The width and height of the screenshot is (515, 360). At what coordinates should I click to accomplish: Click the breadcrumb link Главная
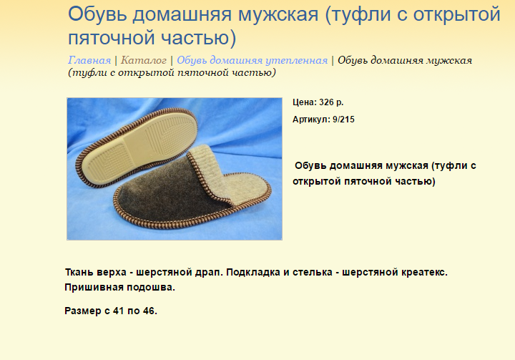pyautogui.click(x=89, y=61)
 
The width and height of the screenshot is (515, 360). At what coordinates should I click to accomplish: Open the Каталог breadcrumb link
pyautogui.click(x=144, y=61)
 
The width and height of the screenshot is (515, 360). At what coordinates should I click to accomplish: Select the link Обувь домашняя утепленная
pyautogui.click(x=252, y=61)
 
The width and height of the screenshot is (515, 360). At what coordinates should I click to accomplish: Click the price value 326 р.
pyautogui.click(x=331, y=102)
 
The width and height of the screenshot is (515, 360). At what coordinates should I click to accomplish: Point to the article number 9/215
pyautogui.click(x=343, y=120)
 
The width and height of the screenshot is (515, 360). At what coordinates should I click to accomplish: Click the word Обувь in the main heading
pyautogui.click(x=97, y=14)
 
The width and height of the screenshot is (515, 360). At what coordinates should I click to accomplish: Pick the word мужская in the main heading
pyautogui.click(x=278, y=15)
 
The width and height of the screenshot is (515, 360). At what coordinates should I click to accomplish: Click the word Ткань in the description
pyautogui.click(x=79, y=272)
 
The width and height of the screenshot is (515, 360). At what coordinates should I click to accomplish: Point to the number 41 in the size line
pyautogui.click(x=118, y=311)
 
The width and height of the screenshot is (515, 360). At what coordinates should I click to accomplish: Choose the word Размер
pyautogui.click(x=83, y=311)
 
